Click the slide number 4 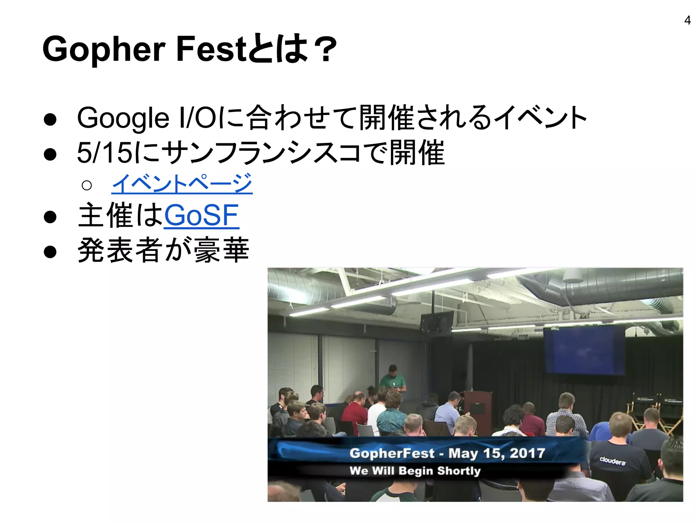tap(687, 20)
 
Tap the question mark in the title tap(325, 50)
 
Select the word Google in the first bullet tap(123, 118)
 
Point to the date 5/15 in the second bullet tap(104, 152)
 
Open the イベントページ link tap(182, 184)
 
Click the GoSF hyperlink tap(201, 215)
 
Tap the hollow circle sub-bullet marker tap(87, 185)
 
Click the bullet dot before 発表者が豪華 tap(50, 251)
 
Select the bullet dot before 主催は tap(50, 217)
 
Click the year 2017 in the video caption tap(527, 453)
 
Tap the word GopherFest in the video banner tap(392, 453)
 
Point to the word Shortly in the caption tap(459, 471)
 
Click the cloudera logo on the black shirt tap(612, 461)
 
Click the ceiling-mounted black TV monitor tap(437, 321)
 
